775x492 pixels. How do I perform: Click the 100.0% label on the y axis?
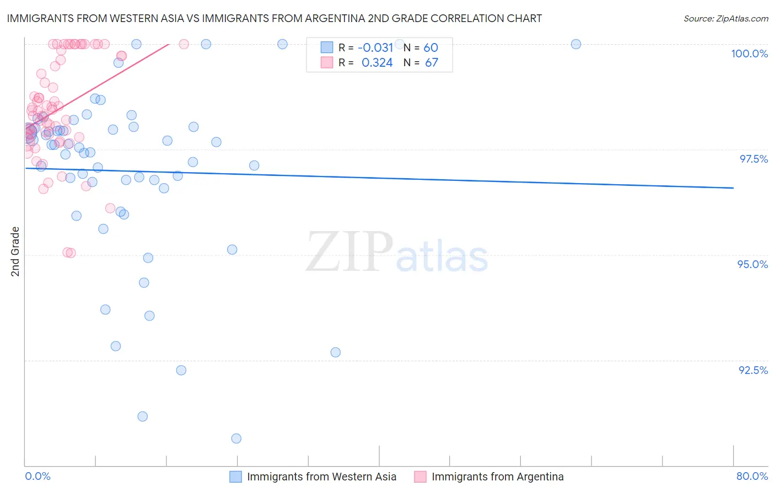coord(749,54)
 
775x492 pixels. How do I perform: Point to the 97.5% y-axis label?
coord(754,159)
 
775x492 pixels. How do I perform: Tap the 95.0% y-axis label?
coord(752,264)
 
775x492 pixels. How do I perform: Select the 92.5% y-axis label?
coord(753,370)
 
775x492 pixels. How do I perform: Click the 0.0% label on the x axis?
coord(37,476)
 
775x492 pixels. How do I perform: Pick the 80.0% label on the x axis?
coord(752,476)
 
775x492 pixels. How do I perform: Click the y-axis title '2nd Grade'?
coord(15,251)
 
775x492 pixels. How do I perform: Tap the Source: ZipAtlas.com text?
coord(725,19)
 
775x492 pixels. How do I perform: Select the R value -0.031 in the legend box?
coord(375,48)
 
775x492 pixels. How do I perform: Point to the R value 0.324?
coord(377,63)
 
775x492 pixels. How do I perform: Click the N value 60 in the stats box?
coord(430,48)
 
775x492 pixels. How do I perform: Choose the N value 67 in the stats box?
coord(431,63)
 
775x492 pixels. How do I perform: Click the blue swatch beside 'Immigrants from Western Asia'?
coord(235,477)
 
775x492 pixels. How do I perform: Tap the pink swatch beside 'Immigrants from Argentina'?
coord(420,477)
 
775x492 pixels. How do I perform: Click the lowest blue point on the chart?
coord(236,438)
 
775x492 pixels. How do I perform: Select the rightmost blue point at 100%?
coord(576,44)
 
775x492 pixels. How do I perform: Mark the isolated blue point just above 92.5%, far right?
coord(335,352)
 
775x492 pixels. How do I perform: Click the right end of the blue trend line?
coord(733,188)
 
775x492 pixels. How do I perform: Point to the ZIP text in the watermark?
coord(349,252)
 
